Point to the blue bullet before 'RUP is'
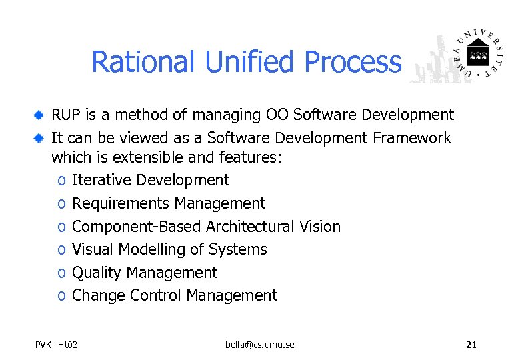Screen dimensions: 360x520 coord(40,115)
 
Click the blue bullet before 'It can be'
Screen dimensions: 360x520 coord(40,139)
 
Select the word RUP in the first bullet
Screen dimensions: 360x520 coord(67,115)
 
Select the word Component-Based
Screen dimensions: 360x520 coord(137,227)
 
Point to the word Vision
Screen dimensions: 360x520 coord(319,227)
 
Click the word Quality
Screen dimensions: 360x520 coord(97,273)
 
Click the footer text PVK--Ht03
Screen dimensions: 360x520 coord(57,345)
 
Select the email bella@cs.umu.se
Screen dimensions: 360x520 coord(260,345)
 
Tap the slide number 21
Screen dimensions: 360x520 coord(471,345)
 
